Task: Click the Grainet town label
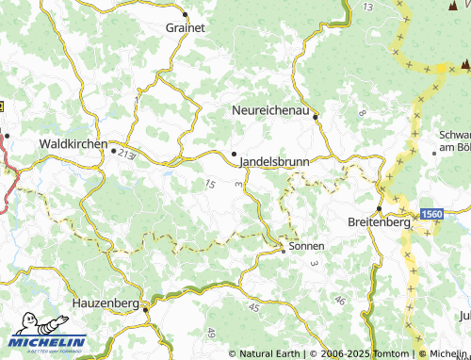(185, 28)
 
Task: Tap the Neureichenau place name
(270, 111)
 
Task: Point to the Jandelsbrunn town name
(275, 161)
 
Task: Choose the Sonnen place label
(306, 246)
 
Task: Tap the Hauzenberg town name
(106, 304)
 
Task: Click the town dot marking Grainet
(186, 14)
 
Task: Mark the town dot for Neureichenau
(316, 118)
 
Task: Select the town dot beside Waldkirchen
(113, 150)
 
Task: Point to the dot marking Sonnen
(283, 251)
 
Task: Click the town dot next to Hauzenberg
(145, 307)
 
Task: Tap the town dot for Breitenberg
(379, 208)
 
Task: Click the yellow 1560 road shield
(431, 215)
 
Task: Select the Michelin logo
(48, 340)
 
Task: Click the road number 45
(254, 306)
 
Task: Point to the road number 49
(211, 333)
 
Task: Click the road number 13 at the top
(367, 7)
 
